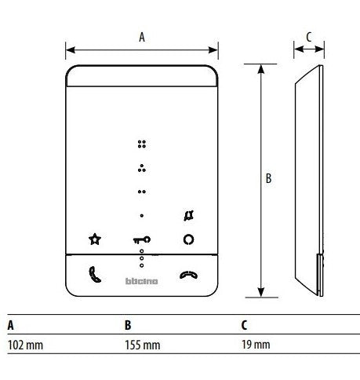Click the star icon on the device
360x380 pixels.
[95, 239]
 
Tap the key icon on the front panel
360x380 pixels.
[141, 239]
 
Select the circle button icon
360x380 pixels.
[188, 239]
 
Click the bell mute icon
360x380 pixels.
[188, 214]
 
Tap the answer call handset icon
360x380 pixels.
[95, 276]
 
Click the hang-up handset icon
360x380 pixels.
[188, 276]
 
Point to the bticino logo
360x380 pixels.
[141, 280]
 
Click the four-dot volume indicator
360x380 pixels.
[141, 144]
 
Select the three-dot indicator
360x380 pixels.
[141, 167]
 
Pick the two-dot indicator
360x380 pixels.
[141, 191]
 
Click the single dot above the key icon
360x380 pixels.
[141, 214]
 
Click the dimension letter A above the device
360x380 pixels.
[141, 35]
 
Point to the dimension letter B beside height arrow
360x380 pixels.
[268, 179]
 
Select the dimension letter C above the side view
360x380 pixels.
[308, 36]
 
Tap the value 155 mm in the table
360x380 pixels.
[143, 345]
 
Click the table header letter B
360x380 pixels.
[128, 324]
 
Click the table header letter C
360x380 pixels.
[244, 324]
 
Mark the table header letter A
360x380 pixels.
[10, 324]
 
